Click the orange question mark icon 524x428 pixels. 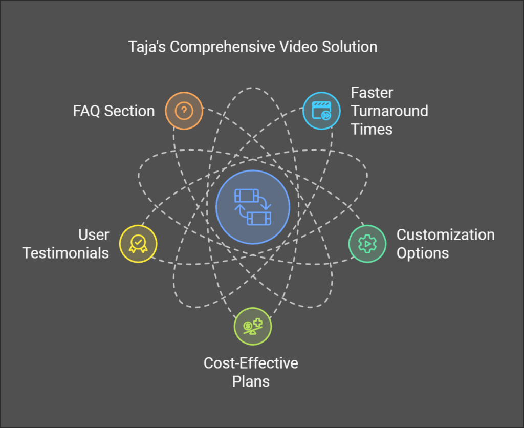[184, 110]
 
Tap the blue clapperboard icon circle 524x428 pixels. [322, 110]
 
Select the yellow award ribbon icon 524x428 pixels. [138, 243]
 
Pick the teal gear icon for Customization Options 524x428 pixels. [367, 244]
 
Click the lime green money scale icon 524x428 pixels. [253, 326]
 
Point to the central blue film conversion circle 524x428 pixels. [253, 207]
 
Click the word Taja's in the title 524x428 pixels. [146, 47]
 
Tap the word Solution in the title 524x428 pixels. [350, 47]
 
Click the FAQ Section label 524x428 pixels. [114, 111]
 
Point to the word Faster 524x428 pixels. [372, 93]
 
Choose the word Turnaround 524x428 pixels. [389, 111]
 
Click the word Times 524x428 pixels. [372, 129]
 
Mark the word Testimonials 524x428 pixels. [66, 253]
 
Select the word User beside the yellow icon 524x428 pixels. [94, 235]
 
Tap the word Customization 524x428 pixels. [446, 235]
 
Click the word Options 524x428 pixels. [423, 253]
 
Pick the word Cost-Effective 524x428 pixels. [251, 363]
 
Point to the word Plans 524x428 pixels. [251, 381]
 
